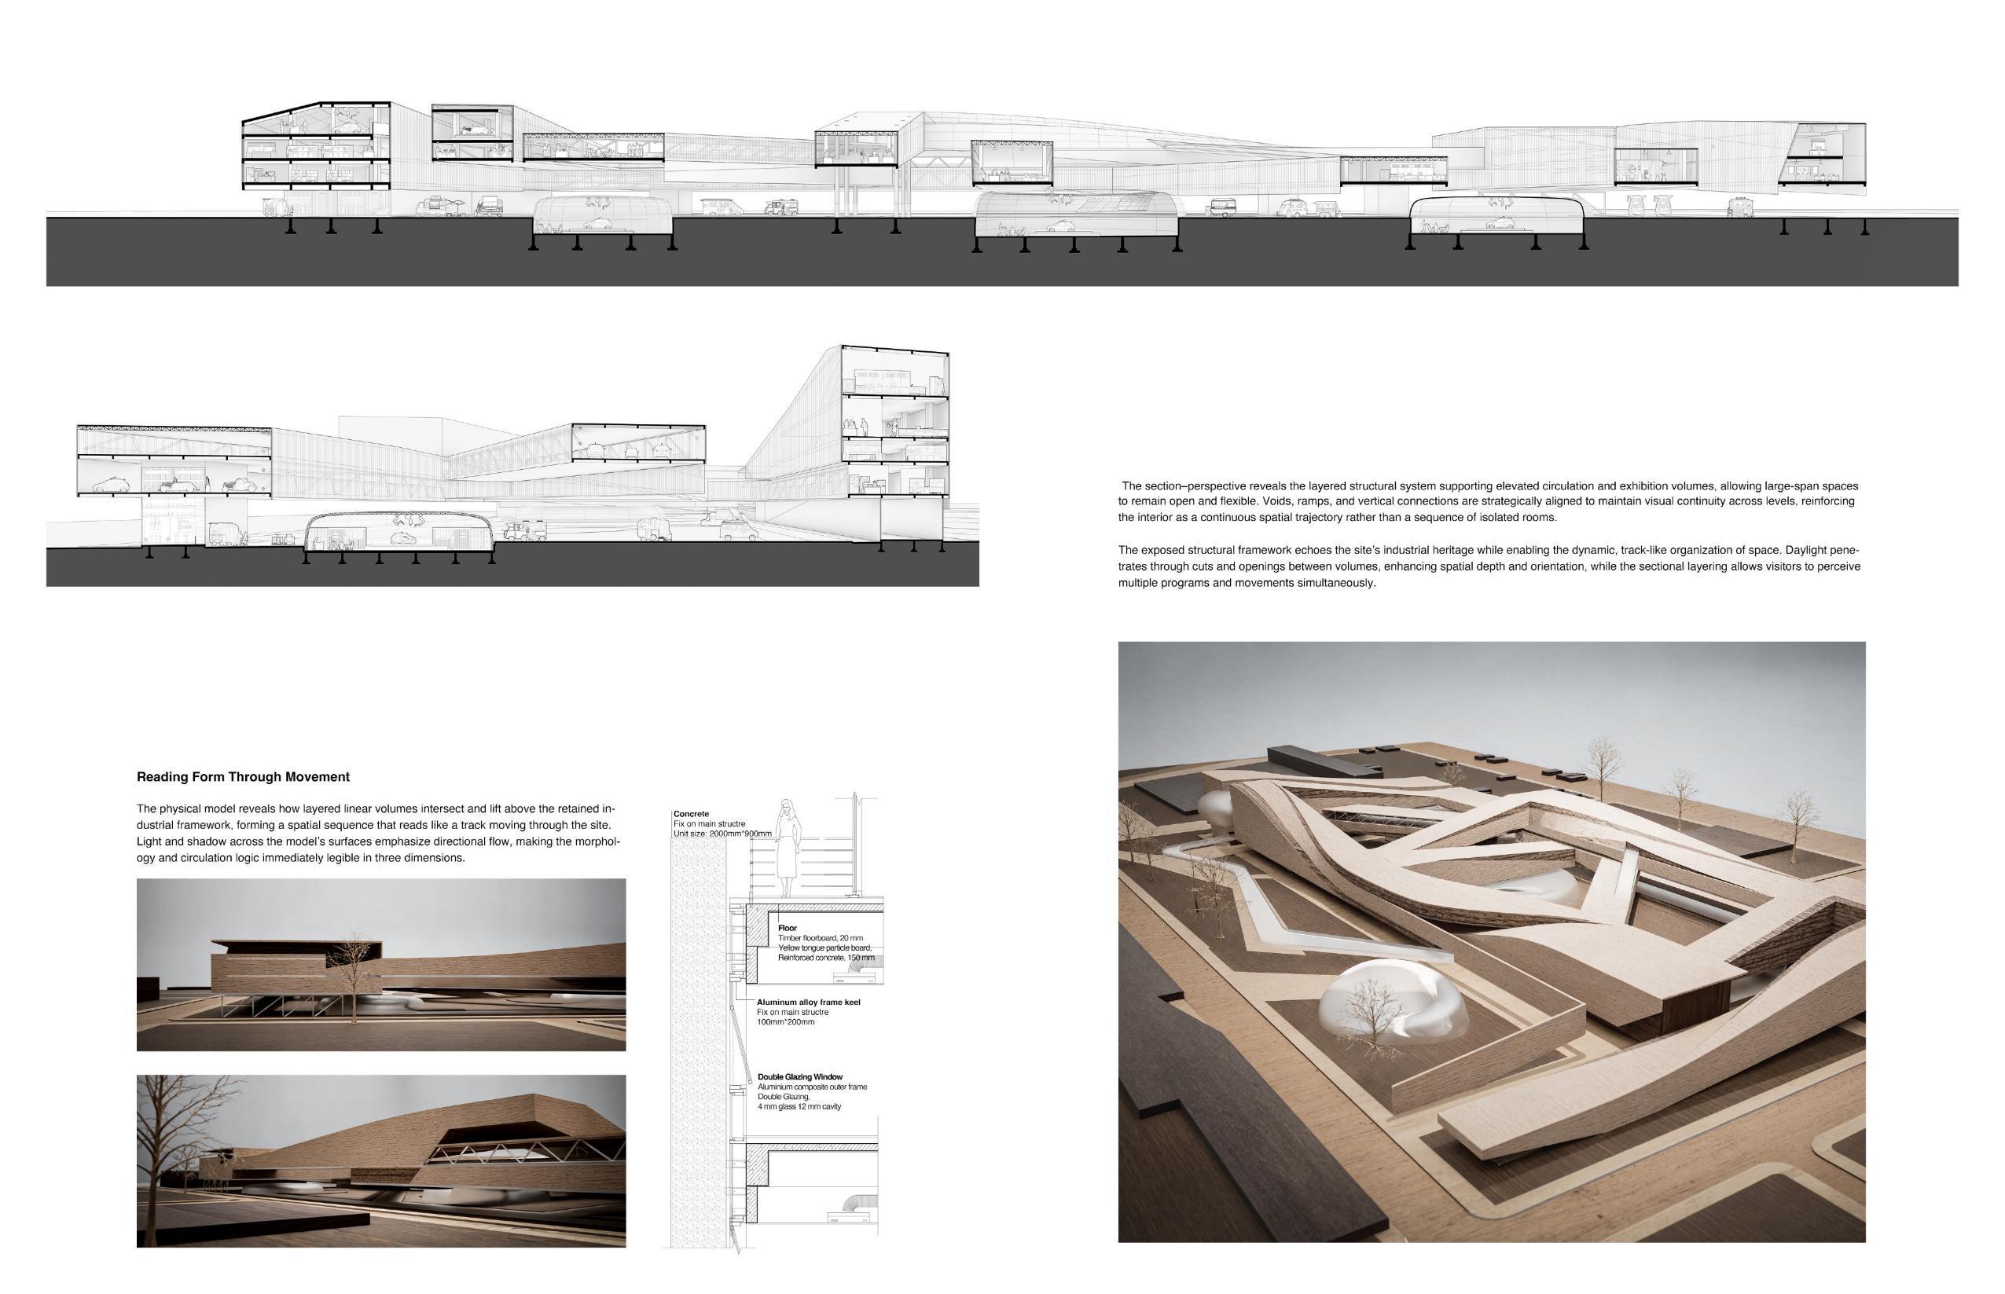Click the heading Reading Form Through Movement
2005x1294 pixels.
tap(243, 777)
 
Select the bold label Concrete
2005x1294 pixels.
tap(691, 814)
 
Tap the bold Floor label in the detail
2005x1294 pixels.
tap(787, 929)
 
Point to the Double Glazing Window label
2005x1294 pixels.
tap(799, 1077)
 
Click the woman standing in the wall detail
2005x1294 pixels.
tap(788, 849)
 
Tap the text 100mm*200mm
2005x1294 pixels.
tap(786, 1023)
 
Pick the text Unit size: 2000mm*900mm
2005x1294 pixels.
tap(722, 834)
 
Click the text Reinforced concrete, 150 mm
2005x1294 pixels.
tap(825, 958)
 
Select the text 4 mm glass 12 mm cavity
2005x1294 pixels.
tap(799, 1107)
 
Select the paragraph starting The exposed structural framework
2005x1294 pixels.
tap(1488, 566)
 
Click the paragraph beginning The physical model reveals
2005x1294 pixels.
tap(378, 833)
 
